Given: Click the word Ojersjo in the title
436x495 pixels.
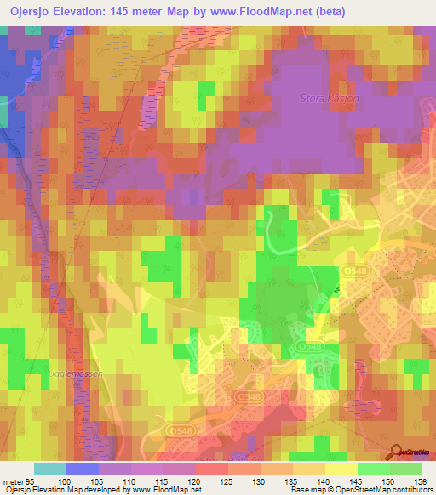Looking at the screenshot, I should [34, 11].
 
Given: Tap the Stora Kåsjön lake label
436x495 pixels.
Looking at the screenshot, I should [330, 99].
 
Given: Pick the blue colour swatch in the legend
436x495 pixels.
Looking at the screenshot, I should [83, 469].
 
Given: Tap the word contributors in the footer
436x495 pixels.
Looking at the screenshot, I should [411, 490].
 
